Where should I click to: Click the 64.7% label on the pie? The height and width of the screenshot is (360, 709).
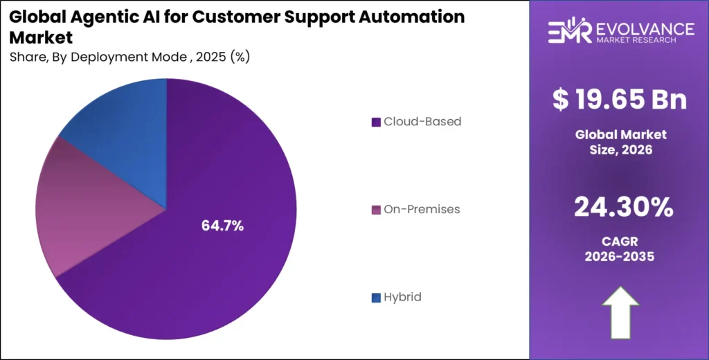[x=222, y=226]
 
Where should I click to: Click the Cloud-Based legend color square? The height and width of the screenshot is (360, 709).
[x=376, y=122]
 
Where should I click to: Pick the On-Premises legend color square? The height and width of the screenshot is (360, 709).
[x=376, y=210]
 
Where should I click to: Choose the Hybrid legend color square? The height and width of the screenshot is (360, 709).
[x=376, y=298]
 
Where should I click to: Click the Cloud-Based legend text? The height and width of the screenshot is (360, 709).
[x=422, y=122]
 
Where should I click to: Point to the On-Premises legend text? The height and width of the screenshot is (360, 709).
[x=422, y=209]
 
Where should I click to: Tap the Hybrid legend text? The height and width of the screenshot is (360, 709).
[x=402, y=297]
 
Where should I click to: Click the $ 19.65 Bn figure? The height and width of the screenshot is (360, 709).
[x=620, y=100]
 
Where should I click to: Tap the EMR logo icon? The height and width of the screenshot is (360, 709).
[x=568, y=33]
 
